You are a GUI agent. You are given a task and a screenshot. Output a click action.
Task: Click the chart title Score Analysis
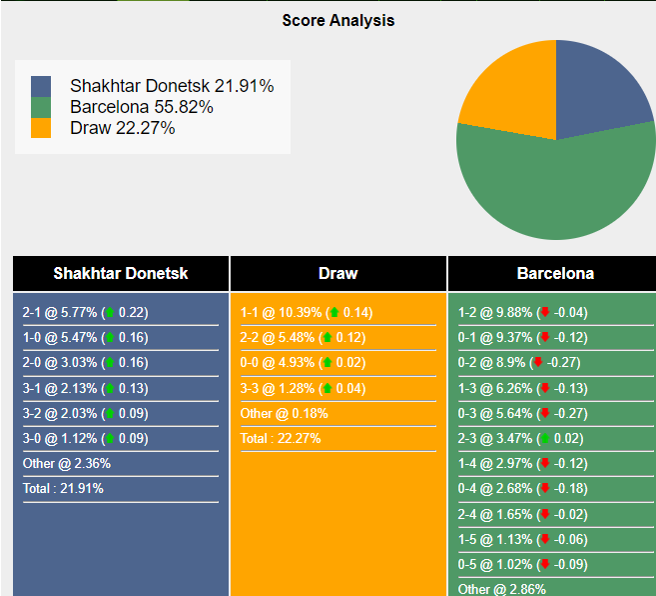337,20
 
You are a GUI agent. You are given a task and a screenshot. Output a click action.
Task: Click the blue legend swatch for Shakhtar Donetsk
41,86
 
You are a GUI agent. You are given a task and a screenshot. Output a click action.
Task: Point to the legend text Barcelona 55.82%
141,107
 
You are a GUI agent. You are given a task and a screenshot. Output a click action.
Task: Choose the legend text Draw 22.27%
122,128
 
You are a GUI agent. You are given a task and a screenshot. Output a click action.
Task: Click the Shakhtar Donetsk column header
120,273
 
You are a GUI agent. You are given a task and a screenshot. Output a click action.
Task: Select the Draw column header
337,273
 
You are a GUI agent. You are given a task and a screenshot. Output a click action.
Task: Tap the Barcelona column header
554,273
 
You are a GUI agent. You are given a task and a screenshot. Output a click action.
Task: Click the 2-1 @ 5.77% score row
85,312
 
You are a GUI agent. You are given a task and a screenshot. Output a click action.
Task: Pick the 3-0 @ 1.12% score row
85,438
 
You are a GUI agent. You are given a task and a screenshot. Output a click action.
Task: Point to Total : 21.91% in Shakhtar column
63,488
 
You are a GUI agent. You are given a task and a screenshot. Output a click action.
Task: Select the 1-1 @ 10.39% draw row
306,312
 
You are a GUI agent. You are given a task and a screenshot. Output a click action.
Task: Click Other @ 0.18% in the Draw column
284,413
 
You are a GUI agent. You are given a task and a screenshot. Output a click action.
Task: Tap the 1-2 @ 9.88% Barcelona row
522,312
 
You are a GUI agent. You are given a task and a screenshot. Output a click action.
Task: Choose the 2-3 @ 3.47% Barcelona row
522,438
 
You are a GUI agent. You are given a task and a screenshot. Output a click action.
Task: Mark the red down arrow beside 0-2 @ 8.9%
537,362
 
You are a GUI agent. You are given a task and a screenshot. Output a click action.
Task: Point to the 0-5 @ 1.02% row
522,564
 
